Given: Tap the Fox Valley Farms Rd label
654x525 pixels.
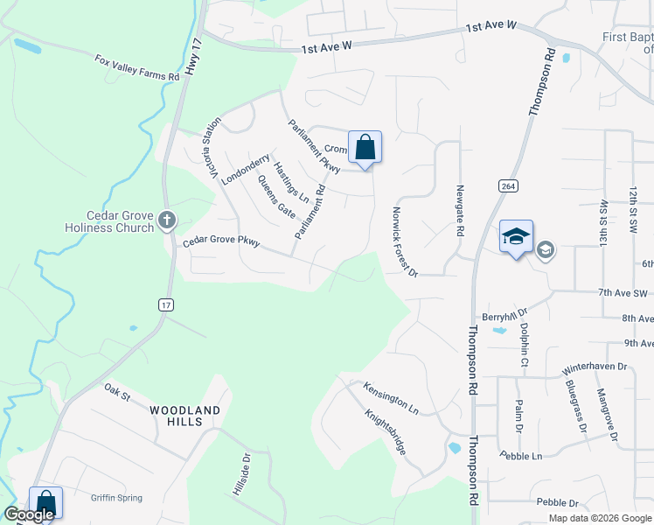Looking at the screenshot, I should coord(137,68).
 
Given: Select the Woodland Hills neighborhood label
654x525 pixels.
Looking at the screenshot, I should coord(184,416).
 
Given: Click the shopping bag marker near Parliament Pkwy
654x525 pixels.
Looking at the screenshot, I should coord(364,147).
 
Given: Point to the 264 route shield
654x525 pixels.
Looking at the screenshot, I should coord(506,186).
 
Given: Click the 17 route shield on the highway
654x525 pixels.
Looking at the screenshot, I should coord(166,304).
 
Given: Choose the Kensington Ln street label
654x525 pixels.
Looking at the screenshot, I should coord(391,399).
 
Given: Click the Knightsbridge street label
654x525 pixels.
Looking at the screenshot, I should coord(385,432).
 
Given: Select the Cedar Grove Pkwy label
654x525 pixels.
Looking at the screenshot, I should coord(220,242).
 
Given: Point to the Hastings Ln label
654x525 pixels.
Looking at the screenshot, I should coord(291,182).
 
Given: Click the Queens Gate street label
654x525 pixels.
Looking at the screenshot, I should coord(276,196).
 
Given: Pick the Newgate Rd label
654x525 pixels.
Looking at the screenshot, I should coord(459,210).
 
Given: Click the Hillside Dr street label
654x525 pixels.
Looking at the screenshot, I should coord(241,474).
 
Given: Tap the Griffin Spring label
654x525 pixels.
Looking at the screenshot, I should coord(116,498).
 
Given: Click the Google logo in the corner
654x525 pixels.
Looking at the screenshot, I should coord(29,514).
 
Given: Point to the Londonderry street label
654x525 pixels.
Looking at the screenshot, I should coord(246,169).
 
